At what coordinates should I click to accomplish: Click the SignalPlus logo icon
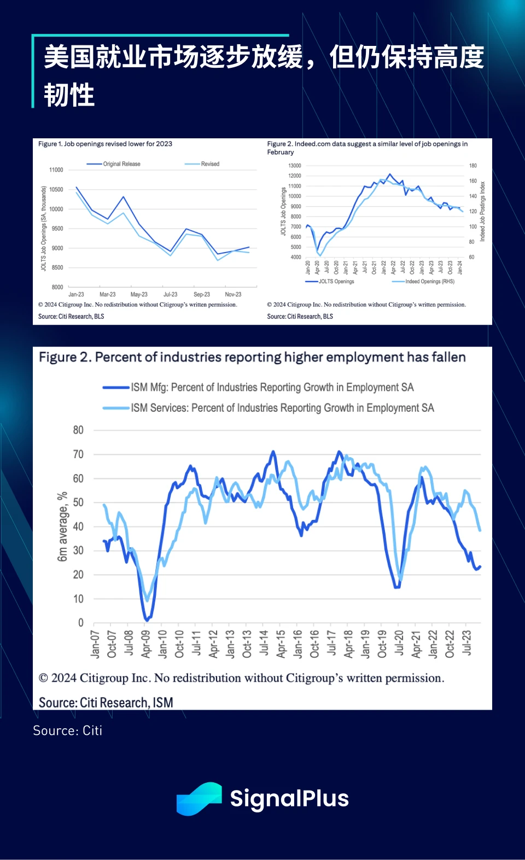point(199,799)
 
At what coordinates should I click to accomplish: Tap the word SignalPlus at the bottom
point(289,799)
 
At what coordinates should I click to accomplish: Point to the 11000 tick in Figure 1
point(56,170)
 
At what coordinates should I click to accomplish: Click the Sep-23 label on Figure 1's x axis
point(202,294)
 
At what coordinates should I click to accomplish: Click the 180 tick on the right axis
point(473,166)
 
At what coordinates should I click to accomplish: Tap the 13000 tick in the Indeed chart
point(295,166)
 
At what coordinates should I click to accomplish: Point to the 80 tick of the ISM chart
point(78,430)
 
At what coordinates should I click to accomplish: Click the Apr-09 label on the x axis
point(145,643)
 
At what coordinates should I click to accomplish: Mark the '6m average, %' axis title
point(62,526)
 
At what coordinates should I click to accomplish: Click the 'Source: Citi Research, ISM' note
point(106,703)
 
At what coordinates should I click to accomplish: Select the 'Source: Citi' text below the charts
point(67,731)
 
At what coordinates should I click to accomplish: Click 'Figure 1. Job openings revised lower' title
point(105,144)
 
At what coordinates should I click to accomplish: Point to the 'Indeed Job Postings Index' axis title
point(482,212)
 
